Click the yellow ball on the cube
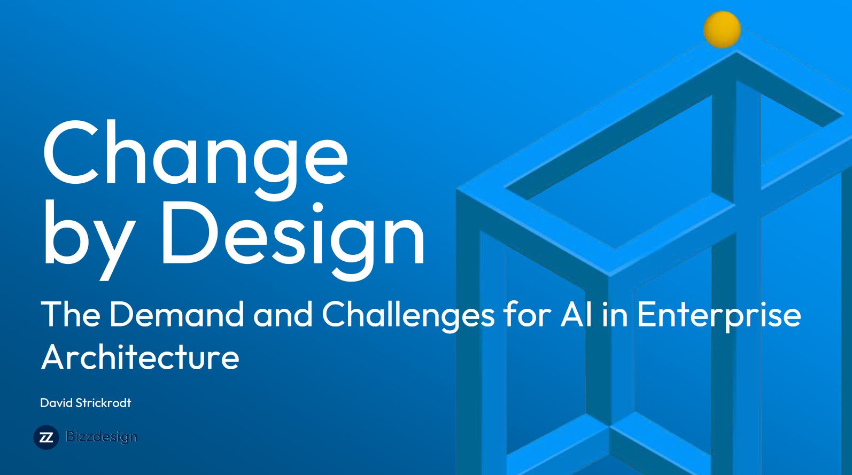coord(722,30)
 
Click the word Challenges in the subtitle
coord(408,316)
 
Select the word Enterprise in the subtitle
coord(719,316)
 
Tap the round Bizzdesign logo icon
coord(46,438)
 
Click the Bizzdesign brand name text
coord(101,437)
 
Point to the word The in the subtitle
coord(71,314)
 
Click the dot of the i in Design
coord(317,208)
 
